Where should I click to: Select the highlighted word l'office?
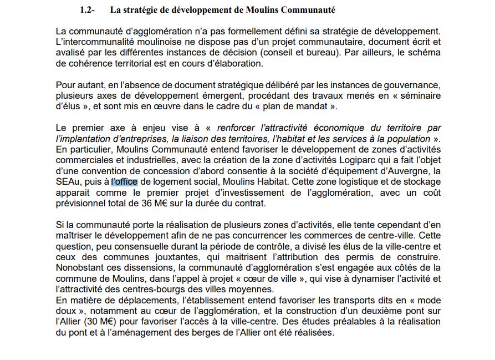coord(124,181)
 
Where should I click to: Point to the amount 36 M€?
coord(146,203)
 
